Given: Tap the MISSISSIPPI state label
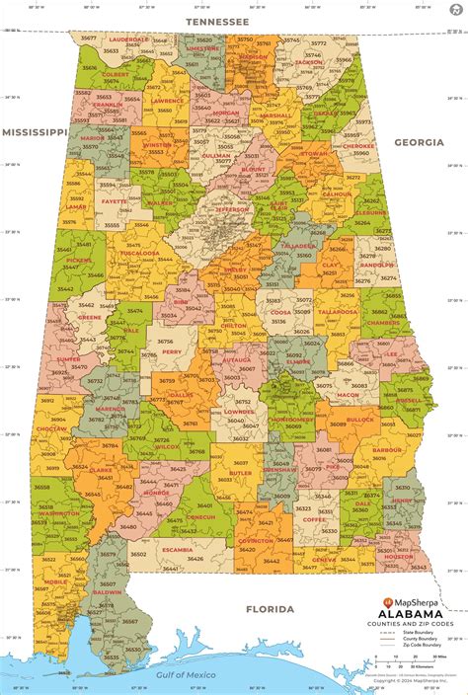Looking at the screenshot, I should click(x=34, y=130).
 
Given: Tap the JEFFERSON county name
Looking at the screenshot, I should click(x=233, y=209).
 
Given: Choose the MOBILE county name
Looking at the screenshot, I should click(x=56, y=581).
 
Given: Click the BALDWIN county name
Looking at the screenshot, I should click(x=104, y=592).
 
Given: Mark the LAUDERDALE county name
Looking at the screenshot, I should click(x=127, y=39).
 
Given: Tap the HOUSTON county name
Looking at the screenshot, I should click(x=399, y=556).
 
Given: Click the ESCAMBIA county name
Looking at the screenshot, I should click(x=178, y=549).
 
